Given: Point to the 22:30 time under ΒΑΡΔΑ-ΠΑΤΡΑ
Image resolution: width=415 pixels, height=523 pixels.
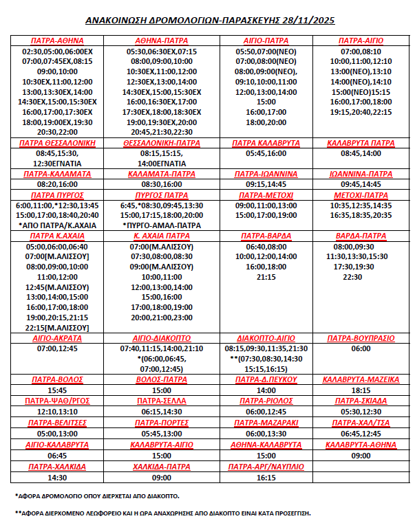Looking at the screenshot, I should pyautogui.click(x=352, y=277).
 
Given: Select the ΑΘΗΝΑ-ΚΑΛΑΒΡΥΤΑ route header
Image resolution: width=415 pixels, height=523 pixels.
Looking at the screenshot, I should pyautogui.click(x=266, y=445).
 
